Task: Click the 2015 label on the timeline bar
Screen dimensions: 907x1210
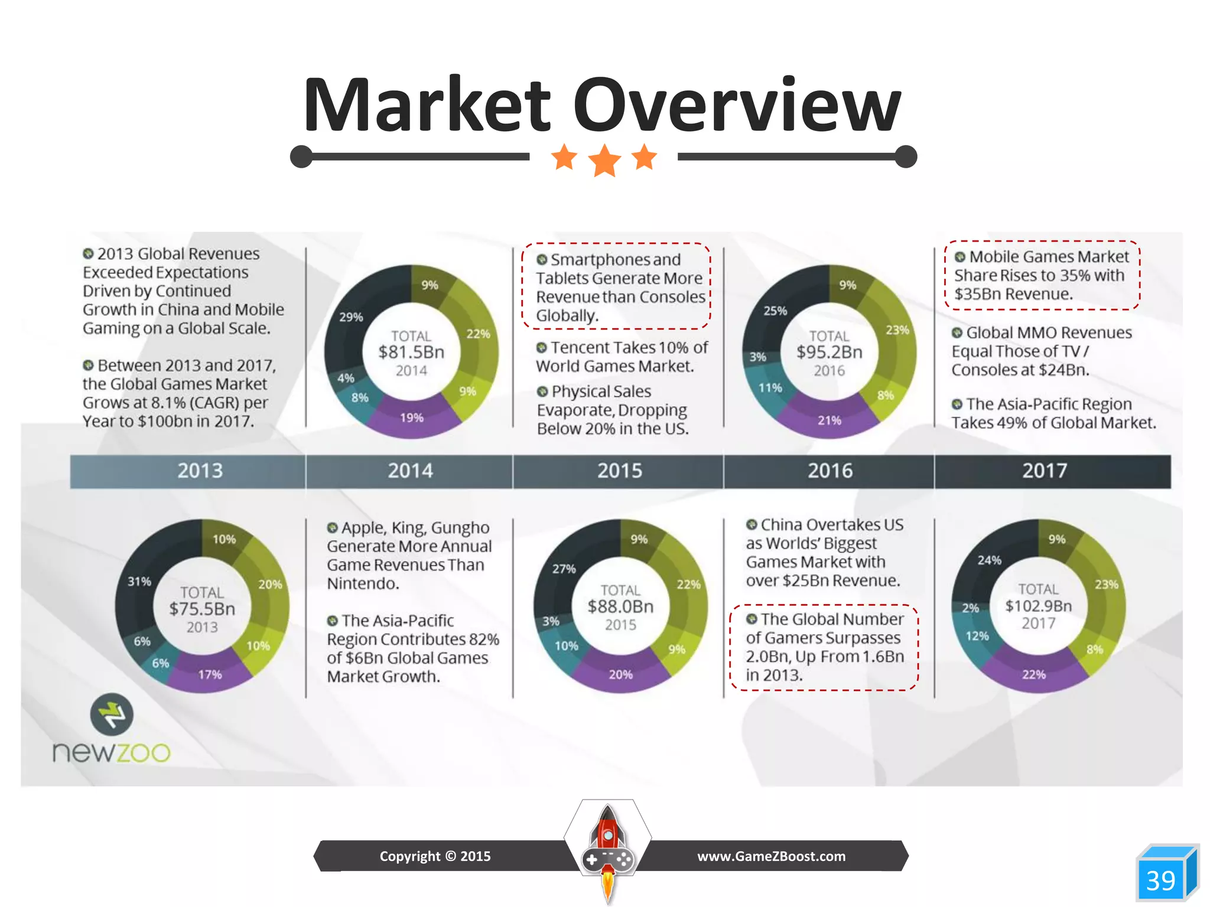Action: pos(619,471)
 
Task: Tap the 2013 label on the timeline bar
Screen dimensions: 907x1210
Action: pos(200,471)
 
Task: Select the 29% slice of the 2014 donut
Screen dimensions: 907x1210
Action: pos(351,317)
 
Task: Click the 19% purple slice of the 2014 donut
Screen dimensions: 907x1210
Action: pos(412,418)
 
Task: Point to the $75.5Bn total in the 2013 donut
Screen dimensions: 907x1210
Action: pos(202,609)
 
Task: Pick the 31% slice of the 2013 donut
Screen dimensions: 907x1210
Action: pos(139,582)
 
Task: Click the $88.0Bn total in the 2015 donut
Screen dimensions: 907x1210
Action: pos(620,606)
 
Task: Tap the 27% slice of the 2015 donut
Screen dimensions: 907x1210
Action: pos(564,569)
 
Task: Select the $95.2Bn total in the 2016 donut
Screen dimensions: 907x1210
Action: pos(830,352)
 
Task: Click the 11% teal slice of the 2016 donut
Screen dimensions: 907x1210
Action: pos(770,388)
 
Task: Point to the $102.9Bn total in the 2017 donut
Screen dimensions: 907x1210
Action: pos(1038,606)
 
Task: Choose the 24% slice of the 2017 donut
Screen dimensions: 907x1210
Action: pos(989,560)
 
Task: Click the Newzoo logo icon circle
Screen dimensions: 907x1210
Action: pos(112,714)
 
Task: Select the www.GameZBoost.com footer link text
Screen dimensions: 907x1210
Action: pos(771,856)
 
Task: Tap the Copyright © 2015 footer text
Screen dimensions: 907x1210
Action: pos(435,856)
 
